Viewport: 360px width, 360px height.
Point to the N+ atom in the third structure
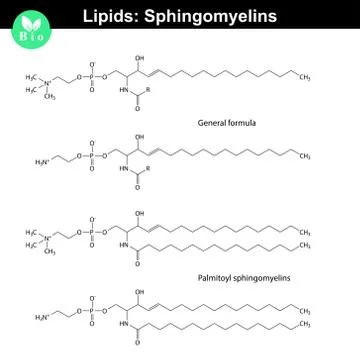point(48,237)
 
